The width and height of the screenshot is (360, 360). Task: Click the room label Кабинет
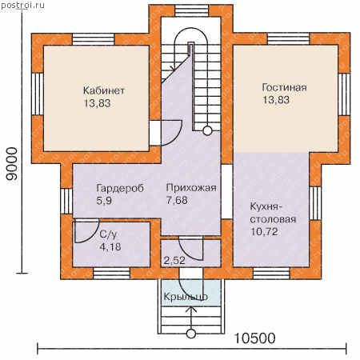[104, 90]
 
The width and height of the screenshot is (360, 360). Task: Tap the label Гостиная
[284, 87]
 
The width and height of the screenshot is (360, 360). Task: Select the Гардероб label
[120, 188]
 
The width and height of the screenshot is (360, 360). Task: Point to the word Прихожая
[191, 188]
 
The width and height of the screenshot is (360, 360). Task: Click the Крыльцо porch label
[186, 297]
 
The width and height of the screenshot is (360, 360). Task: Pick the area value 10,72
[264, 232]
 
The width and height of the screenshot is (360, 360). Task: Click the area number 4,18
[110, 247]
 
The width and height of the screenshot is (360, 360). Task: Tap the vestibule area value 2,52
[174, 261]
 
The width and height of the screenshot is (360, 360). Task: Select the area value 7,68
[177, 200]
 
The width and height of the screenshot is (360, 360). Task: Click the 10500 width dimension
[254, 338]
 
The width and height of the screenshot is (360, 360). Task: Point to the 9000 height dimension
[12, 164]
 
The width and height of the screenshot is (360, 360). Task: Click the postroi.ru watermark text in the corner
[22, 5]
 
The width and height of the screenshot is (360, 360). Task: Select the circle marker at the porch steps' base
[191, 334]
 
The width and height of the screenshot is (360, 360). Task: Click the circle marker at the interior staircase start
[207, 131]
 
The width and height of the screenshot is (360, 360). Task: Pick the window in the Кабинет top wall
[94, 39]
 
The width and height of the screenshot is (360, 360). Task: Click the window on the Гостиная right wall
[344, 94]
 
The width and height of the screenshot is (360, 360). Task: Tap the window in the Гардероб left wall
[66, 201]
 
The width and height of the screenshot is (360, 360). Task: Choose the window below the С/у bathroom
[112, 274]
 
